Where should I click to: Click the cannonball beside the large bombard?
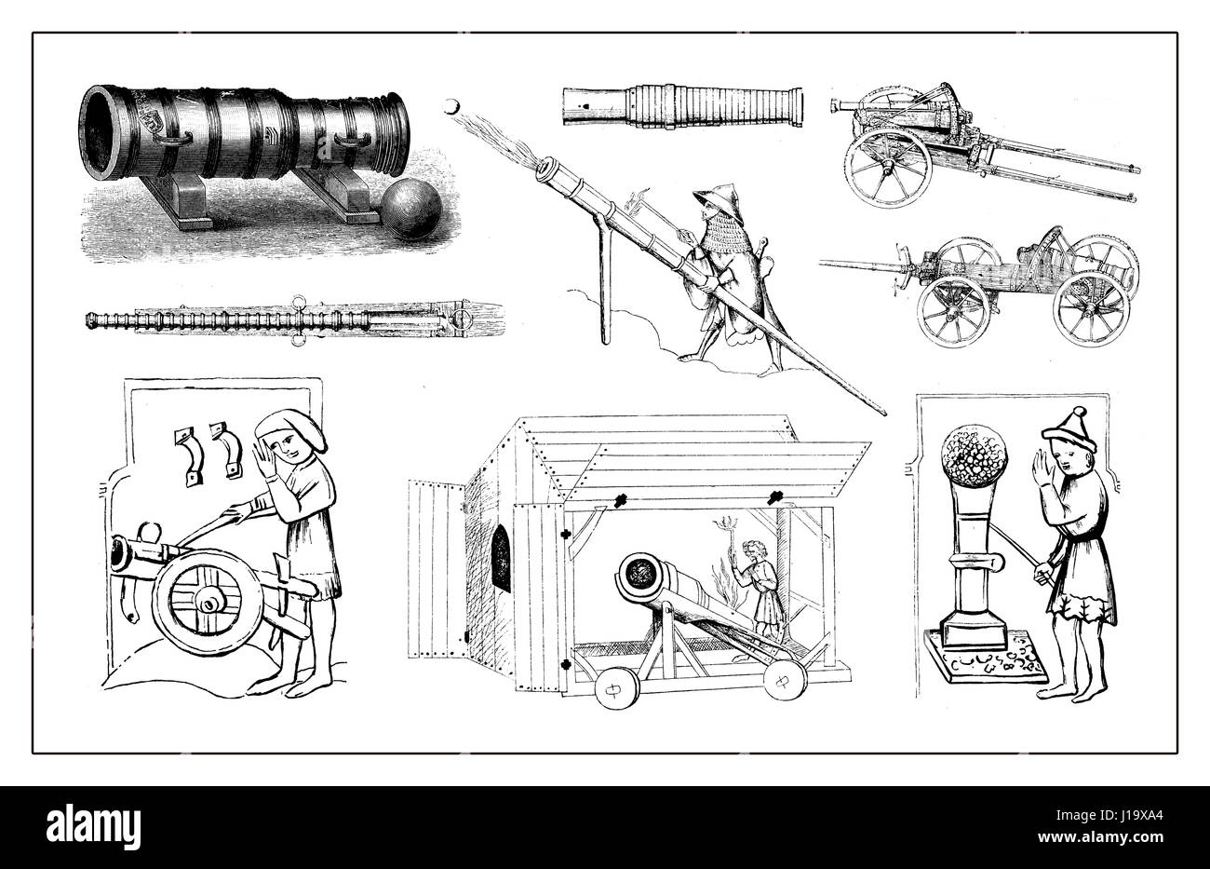(411, 208)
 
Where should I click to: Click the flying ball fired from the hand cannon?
(450, 106)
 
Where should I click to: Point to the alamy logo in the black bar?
(93, 827)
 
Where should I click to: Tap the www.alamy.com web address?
(1100, 838)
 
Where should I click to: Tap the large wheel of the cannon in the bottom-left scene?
(207, 604)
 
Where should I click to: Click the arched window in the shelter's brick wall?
(501, 558)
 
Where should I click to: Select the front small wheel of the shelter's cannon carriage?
(616, 689)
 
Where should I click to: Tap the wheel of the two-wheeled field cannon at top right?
(888, 168)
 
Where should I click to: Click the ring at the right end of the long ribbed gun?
(463, 321)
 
